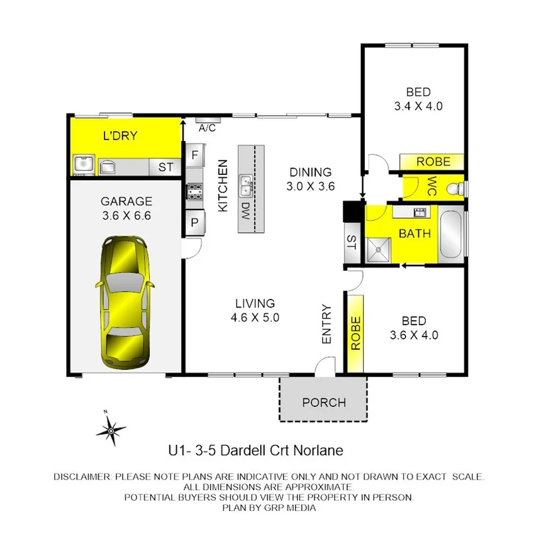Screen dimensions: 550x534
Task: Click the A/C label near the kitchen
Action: tap(207, 128)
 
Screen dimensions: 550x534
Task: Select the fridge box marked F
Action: tap(194, 154)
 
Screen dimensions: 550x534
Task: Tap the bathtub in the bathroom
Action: tap(452, 235)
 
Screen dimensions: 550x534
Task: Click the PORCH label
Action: tap(323, 402)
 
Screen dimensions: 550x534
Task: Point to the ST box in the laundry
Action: tap(165, 167)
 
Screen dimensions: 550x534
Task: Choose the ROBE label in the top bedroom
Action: tap(433, 162)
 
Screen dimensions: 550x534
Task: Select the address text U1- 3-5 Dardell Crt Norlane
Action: tap(255, 451)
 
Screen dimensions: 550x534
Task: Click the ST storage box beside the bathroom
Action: tap(351, 243)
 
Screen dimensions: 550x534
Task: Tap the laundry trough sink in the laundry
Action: tap(82, 165)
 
